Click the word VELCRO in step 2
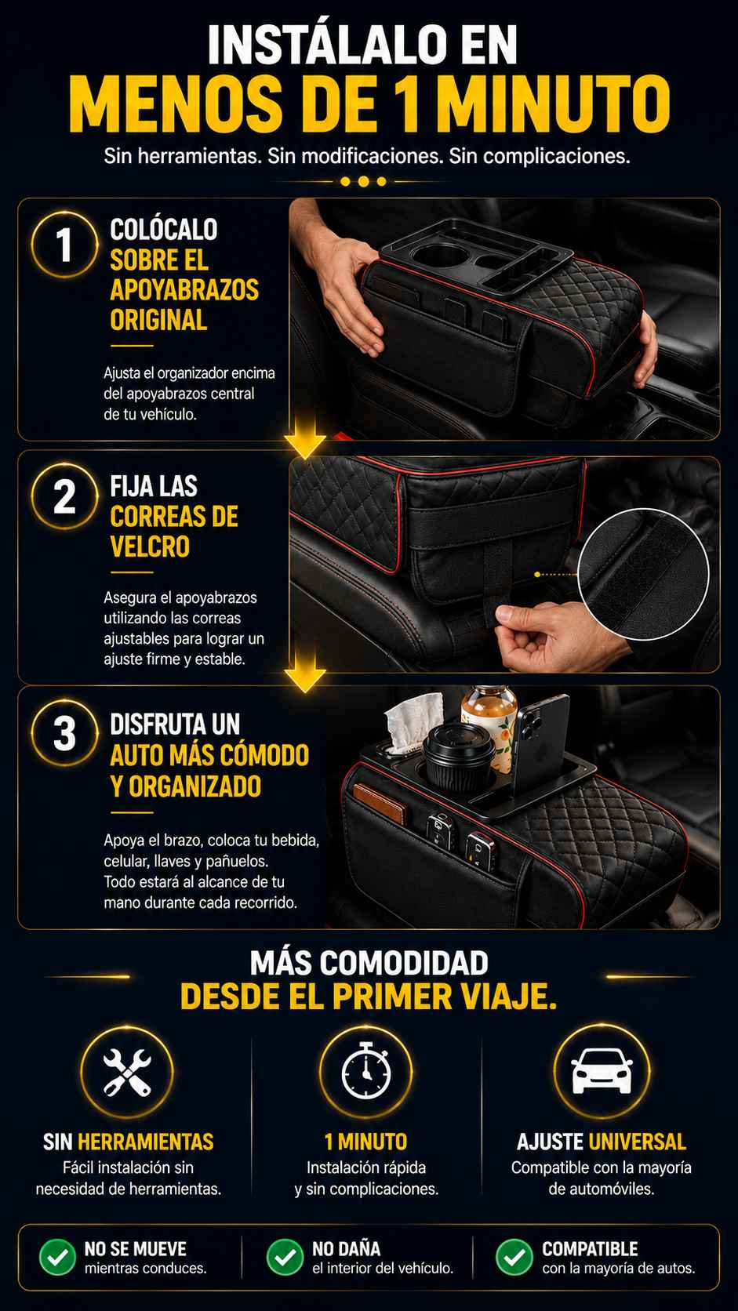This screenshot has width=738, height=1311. point(150,547)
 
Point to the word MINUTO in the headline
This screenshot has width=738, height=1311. point(553,104)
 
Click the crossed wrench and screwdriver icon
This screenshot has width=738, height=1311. point(127,1072)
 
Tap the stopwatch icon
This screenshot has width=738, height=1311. point(366,1070)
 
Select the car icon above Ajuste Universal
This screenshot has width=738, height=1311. point(602,1071)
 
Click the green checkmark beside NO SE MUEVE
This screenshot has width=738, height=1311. point(57,1257)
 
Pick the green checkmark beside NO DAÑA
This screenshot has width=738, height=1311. point(285,1257)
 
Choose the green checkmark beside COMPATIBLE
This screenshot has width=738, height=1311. point(514,1257)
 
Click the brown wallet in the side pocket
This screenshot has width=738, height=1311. point(380,804)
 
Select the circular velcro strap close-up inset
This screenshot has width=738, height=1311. point(642,575)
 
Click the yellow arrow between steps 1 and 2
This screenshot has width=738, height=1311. point(305,436)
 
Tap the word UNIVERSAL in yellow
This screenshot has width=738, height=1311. point(637,1142)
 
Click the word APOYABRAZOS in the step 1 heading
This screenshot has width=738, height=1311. point(184,289)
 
